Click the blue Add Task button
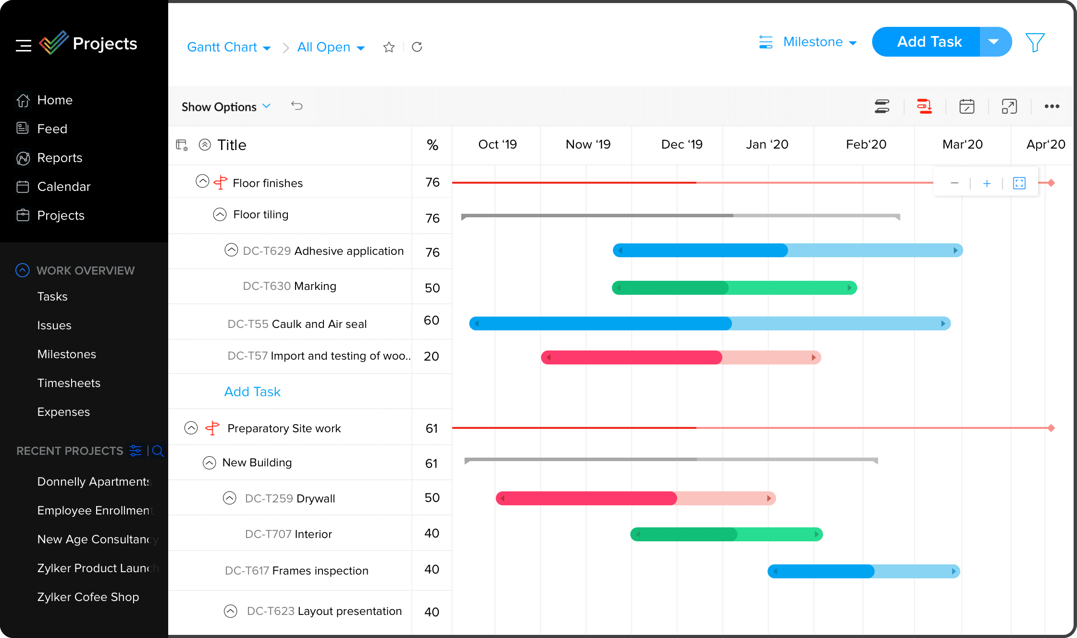[928, 42]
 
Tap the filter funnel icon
[1035, 42]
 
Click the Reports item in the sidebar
[60, 158]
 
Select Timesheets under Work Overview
[69, 383]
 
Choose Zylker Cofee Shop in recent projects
[88, 597]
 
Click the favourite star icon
[389, 47]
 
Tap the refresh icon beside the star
[417, 47]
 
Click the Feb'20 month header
[866, 145]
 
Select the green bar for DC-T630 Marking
[734, 288]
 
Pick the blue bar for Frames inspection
[863, 571]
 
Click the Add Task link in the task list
[252, 392]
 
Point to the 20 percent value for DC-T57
[431, 357]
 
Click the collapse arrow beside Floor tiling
[220, 214]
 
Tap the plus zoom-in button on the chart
[987, 183]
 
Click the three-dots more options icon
[1052, 107]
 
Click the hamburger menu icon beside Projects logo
[23, 46]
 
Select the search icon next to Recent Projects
[158, 451]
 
